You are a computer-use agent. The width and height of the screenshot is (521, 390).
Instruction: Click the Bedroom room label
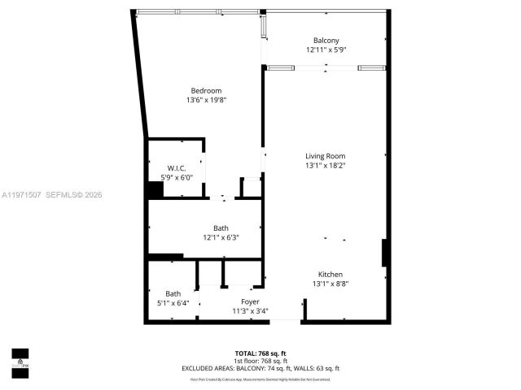tap(206, 90)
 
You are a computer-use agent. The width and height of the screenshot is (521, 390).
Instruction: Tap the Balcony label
tap(326, 41)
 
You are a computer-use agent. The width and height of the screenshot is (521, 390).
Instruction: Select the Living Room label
tap(326, 156)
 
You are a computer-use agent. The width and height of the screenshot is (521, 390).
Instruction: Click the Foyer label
tap(250, 301)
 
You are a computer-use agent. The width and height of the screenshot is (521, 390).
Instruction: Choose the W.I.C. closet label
tap(177, 168)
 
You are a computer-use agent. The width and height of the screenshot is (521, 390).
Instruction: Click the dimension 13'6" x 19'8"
tap(206, 100)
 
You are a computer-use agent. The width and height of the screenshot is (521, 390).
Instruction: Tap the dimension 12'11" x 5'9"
tap(326, 50)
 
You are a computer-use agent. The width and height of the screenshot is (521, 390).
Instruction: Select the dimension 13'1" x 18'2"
tap(326, 166)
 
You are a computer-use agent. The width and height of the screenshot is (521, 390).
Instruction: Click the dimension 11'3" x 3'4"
tap(250, 311)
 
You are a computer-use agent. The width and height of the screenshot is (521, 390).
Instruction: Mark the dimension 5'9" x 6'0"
tap(177, 178)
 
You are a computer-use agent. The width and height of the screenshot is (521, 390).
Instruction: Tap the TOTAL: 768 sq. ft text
tap(260, 353)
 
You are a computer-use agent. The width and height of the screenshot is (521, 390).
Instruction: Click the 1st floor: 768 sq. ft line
tap(260, 361)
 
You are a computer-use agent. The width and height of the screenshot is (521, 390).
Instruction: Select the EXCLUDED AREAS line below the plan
tap(260, 369)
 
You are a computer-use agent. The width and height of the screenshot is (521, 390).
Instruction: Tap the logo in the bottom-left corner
tap(20, 358)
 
